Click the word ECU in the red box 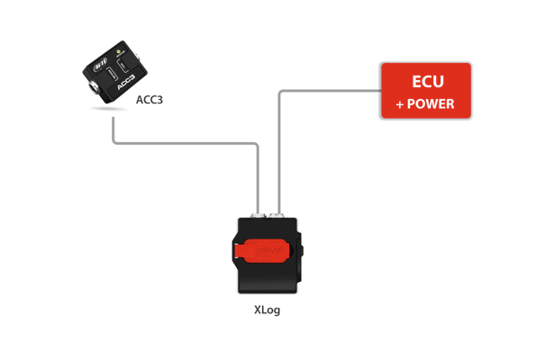[425, 83]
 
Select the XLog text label [269, 310]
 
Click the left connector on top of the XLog [259, 215]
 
